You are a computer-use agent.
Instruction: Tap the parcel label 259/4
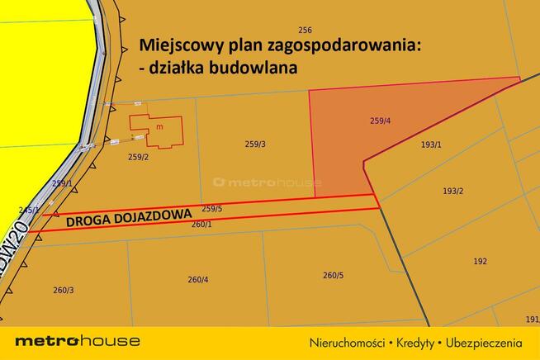coord(380,122)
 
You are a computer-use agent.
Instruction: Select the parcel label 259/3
coord(255,144)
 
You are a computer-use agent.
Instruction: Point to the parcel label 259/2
coord(138,156)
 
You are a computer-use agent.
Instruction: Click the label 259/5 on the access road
coord(212,209)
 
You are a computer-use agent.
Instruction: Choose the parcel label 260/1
coord(202,224)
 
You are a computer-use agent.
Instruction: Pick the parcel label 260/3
coord(64,290)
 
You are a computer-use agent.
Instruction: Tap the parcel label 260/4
coord(198,280)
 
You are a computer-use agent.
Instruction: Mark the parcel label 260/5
coord(333,275)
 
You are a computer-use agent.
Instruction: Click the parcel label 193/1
coord(431,144)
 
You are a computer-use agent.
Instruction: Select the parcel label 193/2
coord(452,192)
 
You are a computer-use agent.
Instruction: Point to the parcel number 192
coord(480,261)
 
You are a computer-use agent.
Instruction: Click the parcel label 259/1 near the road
coord(62,183)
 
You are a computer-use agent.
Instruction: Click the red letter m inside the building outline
coord(159,127)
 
